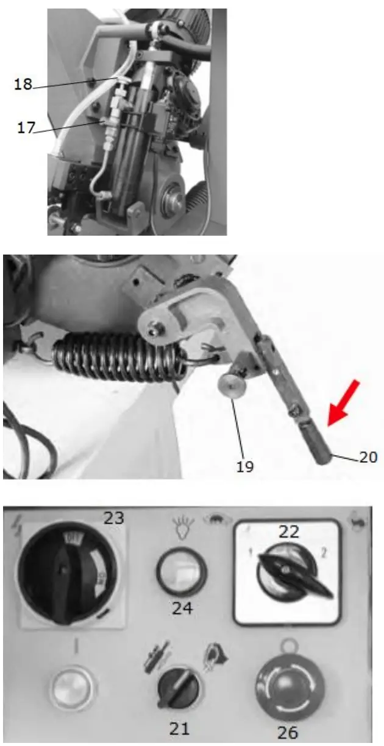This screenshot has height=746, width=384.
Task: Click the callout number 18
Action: click(23, 85)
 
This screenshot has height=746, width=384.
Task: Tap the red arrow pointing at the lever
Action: click(344, 402)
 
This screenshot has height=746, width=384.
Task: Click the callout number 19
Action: click(246, 467)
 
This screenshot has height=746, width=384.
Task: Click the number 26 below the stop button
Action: click(287, 731)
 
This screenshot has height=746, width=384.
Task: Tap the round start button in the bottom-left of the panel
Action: click(73, 687)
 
